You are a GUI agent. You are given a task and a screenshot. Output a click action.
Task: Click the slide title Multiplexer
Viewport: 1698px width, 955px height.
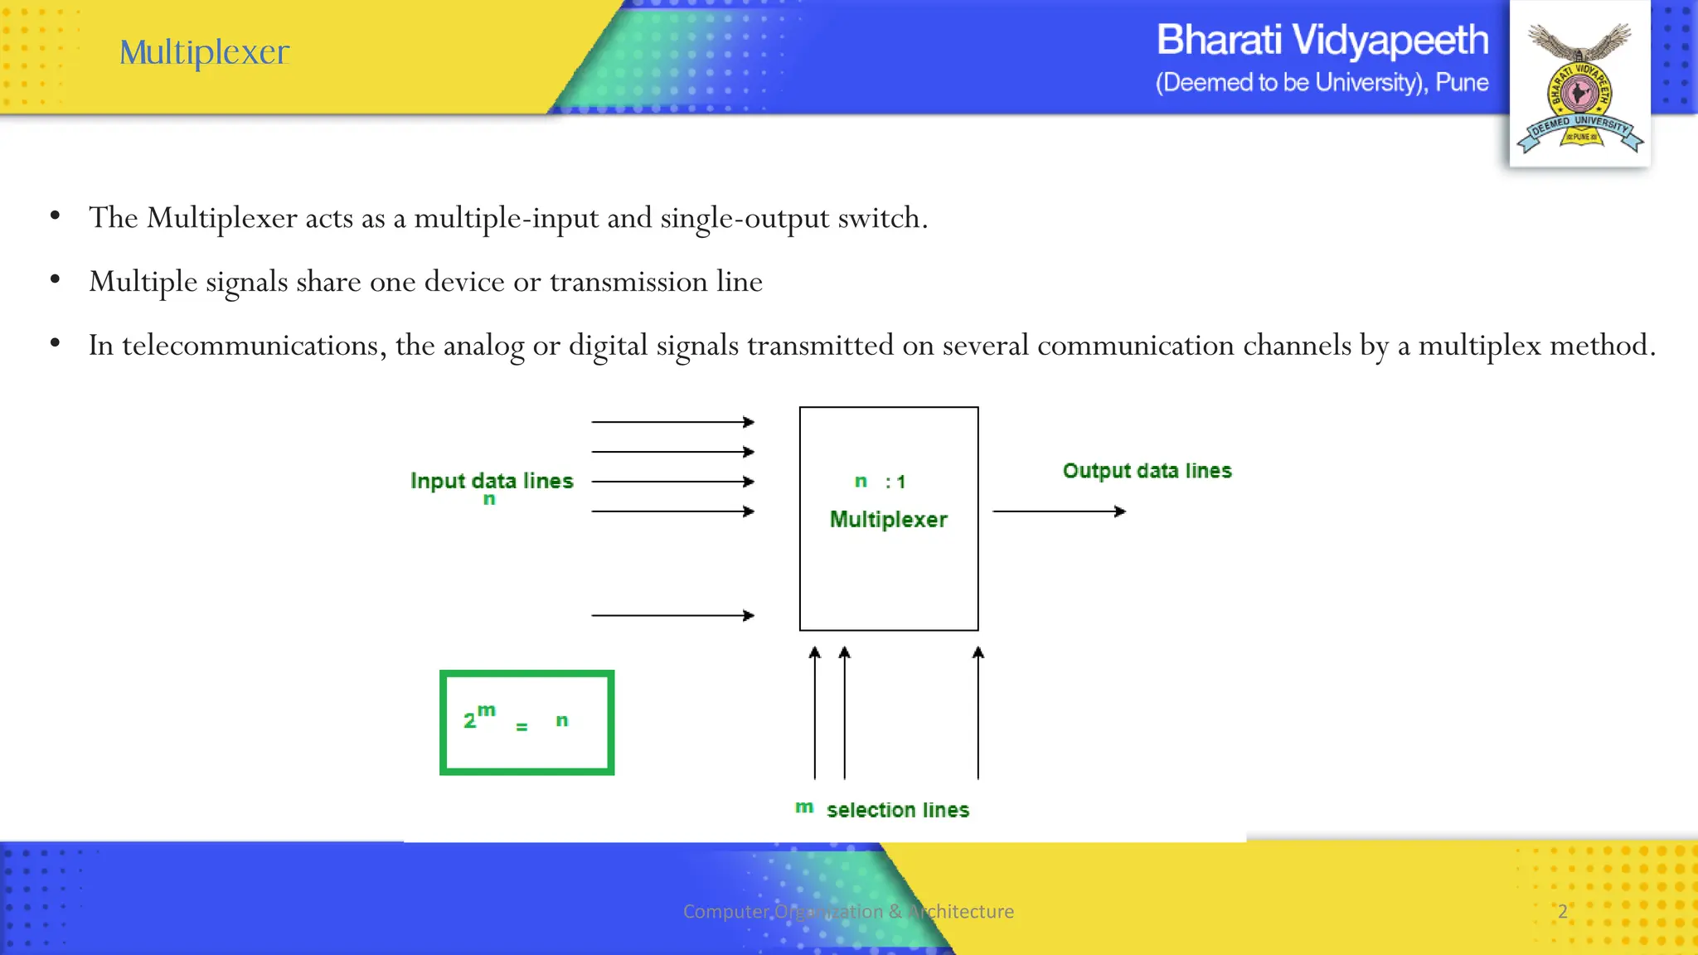tap(204, 52)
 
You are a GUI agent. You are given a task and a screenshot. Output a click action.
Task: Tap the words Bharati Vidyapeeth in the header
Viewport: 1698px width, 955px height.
tap(1322, 40)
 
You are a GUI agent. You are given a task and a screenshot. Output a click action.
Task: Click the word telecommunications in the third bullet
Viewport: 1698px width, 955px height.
tap(250, 346)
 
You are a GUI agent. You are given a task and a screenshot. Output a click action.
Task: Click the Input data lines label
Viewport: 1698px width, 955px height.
tap(492, 481)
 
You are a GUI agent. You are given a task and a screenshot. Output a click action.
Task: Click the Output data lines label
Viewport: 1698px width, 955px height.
tap(1147, 471)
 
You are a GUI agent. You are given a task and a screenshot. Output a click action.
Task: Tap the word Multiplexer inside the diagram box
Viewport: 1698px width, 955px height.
tap(888, 520)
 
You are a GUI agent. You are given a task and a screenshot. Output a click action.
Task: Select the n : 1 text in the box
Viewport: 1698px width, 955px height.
tap(881, 482)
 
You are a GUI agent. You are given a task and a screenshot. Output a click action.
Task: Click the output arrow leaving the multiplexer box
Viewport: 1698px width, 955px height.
tap(1059, 511)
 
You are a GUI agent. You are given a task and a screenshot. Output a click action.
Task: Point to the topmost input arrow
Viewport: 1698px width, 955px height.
tap(672, 422)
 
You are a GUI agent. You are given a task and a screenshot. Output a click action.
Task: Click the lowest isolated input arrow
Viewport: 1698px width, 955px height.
tap(672, 615)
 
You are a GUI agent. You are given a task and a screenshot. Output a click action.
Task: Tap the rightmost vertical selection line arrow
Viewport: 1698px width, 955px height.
tap(978, 713)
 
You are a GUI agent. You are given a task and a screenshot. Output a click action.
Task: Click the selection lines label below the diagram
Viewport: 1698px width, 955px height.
tap(897, 810)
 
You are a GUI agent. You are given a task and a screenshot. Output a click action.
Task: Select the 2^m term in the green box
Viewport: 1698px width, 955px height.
tap(478, 717)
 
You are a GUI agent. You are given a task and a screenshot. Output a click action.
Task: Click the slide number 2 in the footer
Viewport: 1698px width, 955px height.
tap(1563, 911)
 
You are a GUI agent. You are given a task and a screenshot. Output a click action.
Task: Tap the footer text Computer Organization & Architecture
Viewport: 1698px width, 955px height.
tap(848, 911)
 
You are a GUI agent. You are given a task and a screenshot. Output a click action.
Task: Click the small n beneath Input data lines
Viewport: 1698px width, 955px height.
tap(489, 499)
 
